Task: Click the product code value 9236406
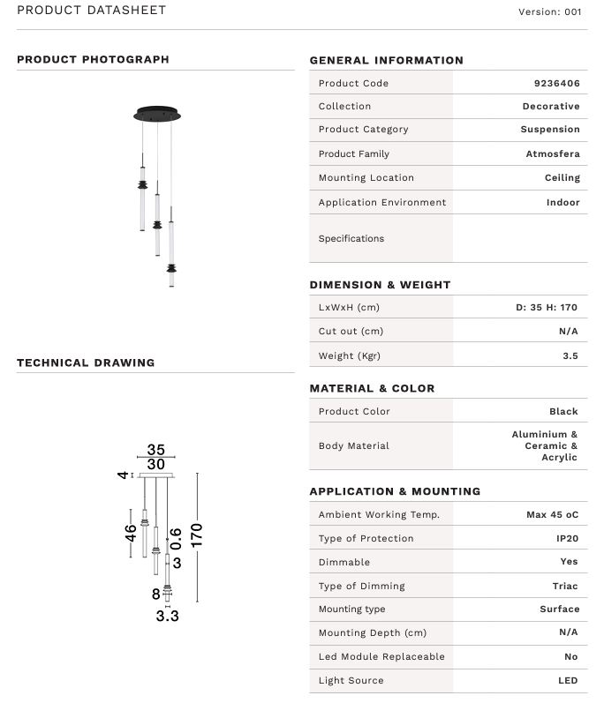coord(556,83)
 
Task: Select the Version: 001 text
coord(550,12)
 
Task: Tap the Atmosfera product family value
coord(553,153)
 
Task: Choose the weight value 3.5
coord(570,356)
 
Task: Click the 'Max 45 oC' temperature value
coord(546,514)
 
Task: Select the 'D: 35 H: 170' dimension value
coord(547,308)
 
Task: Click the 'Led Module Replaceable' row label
coord(381,656)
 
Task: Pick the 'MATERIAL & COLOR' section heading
coord(372,388)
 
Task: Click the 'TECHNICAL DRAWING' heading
coord(86,363)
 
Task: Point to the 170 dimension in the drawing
coord(197,535)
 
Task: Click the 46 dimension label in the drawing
coord(131,534)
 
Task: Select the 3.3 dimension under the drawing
coord(168,616)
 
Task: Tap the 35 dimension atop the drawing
coord(156,450)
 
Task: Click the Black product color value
coord(563,411)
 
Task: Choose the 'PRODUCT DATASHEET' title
coord(91,11)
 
